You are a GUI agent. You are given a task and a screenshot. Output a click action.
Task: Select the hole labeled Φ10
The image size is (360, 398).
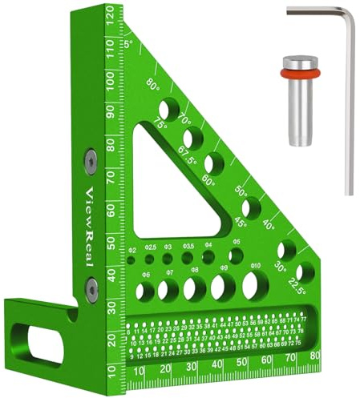pos(255,283)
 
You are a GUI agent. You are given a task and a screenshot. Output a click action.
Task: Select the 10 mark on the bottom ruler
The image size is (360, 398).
pos(140,369)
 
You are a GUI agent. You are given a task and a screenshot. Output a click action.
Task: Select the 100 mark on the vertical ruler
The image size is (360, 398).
pos(109,81)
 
